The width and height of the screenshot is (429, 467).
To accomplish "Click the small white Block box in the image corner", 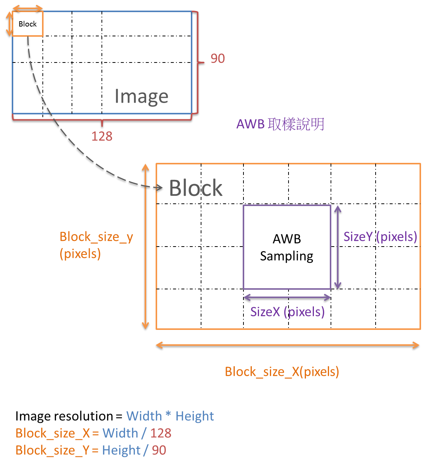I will click(28, 24).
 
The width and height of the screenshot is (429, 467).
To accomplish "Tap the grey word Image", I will click(141, 97).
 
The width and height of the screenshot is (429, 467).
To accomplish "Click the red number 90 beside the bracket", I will click(217, 58).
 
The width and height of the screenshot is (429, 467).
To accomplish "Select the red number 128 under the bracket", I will click(102, 136).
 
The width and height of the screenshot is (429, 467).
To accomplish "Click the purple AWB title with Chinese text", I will click(280, 124).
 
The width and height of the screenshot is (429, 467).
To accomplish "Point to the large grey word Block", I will click(195, 188).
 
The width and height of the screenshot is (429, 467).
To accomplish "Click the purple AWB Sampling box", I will click(287, 247).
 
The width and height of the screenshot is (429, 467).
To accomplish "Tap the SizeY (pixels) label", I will click(380, 236).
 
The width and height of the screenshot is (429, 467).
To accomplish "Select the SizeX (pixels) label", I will click(287, 312).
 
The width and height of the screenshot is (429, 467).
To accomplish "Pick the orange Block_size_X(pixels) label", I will click(282, 372).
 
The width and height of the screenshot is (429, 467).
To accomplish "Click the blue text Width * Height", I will click(170, 416).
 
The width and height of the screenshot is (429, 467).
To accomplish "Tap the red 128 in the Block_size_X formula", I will click(161, 433).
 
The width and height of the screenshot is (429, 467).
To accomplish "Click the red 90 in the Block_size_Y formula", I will click(159, 450).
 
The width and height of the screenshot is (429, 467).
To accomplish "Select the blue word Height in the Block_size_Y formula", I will click(121, 450).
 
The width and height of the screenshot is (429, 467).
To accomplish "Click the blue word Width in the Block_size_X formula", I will click(120, 433).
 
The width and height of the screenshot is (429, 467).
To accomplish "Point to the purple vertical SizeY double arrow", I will click(338, 247).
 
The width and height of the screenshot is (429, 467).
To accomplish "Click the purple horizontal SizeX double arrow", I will click(287, 298).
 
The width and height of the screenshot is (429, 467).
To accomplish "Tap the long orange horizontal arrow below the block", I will click(288, 345).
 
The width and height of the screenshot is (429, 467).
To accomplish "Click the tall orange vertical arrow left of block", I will click(145, 246).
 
